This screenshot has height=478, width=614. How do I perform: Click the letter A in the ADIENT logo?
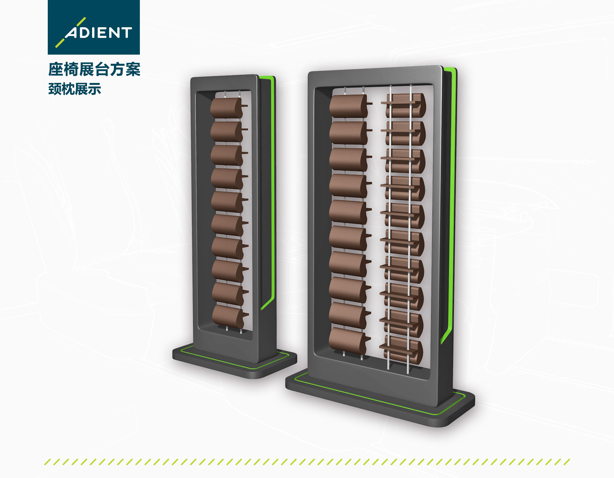point(72,33)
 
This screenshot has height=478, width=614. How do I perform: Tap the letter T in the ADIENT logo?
point(126,33)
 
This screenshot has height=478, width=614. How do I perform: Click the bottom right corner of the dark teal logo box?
point(140,55)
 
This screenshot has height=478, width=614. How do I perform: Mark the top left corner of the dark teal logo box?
point(48,0)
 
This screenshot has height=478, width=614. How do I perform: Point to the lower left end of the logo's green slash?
point(56,46)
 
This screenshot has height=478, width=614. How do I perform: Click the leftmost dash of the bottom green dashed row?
point(47,462)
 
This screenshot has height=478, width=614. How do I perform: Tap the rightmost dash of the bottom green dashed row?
point(567,462)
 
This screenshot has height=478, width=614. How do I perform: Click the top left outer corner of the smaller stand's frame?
point(191,78)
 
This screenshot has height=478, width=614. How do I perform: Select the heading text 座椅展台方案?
point(94,69)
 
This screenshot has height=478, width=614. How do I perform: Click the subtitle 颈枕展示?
point(75,89)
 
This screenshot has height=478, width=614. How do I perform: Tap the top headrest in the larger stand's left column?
point(350,106)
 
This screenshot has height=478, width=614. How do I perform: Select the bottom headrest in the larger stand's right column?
point(402,350)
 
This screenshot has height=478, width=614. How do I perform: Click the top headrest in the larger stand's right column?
point(404,105)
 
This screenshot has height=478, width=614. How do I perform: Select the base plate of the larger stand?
point(379,399)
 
